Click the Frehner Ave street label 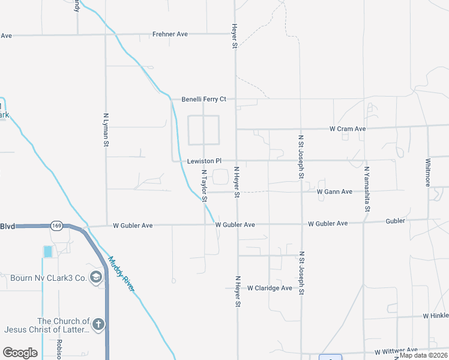pos(170,34)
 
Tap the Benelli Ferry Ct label pos(204,98)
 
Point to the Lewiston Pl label pos(204,161)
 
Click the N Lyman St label pos(106,130)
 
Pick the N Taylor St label pos(204,185)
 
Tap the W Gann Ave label pos(334,192)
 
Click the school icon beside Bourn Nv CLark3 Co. pos(95,277)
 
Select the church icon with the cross pos(99,325)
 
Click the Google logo pos(20,352)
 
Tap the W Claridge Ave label pos(270,288)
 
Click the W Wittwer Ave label pos(396,350)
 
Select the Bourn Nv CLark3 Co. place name pos(49,278)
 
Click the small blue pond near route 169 pos(47,252)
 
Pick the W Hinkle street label pos(435,316)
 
